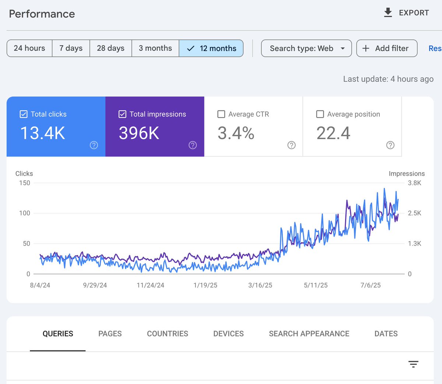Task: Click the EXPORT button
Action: pyautogui.click(x=406, y=13)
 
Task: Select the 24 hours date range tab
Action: pyautogui.click(x=29, y=48)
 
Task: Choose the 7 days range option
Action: pyautogui.click(x=71, y=48)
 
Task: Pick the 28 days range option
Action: pyautogui.click(x=110, y=48)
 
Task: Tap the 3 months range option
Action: pyautogui.click(x=155, y=48)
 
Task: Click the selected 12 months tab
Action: pyautogui.click(x=211, y=48)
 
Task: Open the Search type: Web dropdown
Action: pyautogui.click(x=306, y=48)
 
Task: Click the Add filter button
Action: pyautogui.click(x=386, y=48)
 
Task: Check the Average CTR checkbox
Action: pyautogui.click(x=221, y=114)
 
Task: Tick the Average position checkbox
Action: pyautogui.click(x=320, y=114)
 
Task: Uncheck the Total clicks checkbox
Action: pyautogui.click(x=24, y=114)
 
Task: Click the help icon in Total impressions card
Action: pyautogui.click(x=193, y=145)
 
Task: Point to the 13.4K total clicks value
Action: pyautogui.click(x=43, y=133)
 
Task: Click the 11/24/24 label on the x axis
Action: pyautogui.click(x=150, y=285)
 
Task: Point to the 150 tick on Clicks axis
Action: pyautogui.click(x=25, y=183)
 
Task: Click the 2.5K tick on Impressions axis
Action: pyautogui.click(x=414, y=213)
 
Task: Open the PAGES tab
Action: pyautogui.click(x=110, y=334)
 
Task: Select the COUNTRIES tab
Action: pyautogui.click(x=167, y=334)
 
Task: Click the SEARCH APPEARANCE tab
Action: pyautogui.click(x=309, y=334)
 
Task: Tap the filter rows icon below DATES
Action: pyautogui.click(x=413, y=364)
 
